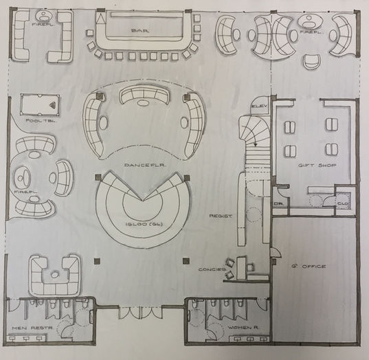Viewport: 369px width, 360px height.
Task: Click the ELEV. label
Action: click(260, 106)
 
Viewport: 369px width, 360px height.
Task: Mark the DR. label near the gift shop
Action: click(280, 203)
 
